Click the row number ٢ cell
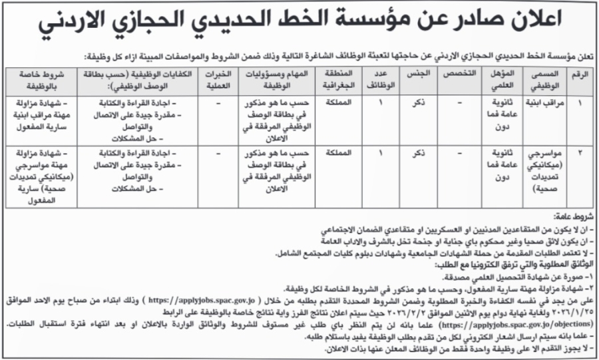click(x=580, y=153)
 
